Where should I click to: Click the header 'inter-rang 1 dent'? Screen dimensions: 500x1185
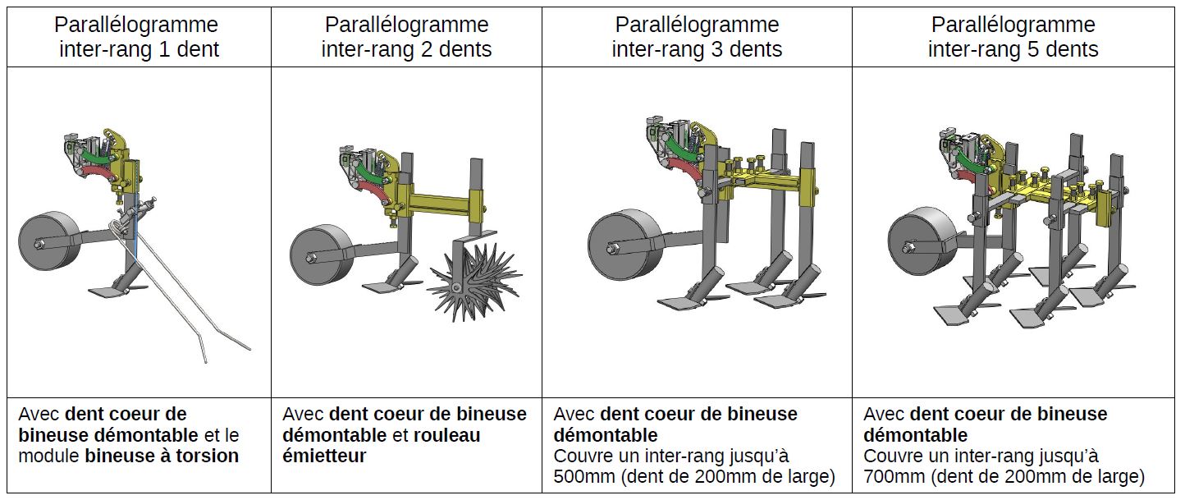(x=139, y=49)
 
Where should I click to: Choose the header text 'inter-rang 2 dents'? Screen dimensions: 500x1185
(x=406, y=49)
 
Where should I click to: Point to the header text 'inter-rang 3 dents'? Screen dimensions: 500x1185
(x=697, y=49)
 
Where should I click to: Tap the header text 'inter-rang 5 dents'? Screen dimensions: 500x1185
(x=1013, y=49)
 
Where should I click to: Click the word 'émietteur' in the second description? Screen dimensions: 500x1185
(x=324, y=456)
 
